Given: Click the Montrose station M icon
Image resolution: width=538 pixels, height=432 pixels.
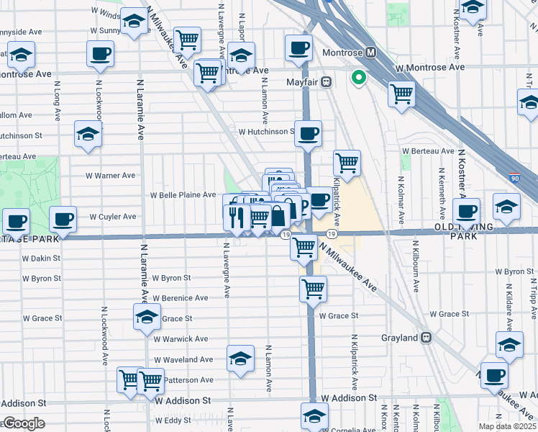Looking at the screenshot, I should pyautogui.click(x=371, y=53).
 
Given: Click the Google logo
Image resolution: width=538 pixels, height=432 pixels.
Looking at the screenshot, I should pyautogui.click(x=23, y=423).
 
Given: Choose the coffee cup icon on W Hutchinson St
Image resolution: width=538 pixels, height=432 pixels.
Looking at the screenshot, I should pyautogui.click(x=308, y=133).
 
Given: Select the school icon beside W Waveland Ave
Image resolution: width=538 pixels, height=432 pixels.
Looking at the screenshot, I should pyautogui.click(x=240, y=358).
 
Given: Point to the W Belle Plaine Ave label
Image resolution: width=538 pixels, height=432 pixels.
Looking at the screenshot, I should pyautogui.click(x=183, y=195).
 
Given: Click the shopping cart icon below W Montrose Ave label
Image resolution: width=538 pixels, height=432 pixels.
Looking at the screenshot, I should pyautogui.click(x=401, y=93).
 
